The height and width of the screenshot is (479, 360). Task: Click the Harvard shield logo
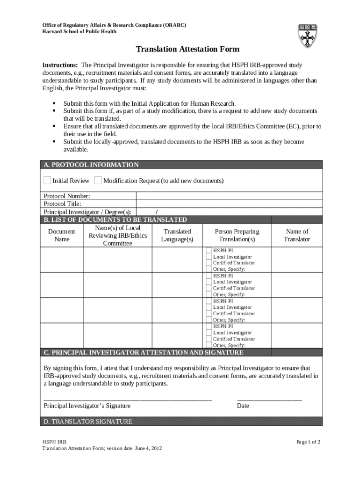308,36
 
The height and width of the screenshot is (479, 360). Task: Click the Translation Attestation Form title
187,49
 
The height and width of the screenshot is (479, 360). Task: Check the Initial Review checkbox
47,181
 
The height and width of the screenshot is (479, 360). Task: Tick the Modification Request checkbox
98,181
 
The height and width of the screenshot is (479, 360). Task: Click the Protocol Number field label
67,196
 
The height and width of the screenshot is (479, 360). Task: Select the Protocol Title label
63,204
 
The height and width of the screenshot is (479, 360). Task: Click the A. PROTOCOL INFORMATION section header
91,165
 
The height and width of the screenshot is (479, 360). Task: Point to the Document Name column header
61,235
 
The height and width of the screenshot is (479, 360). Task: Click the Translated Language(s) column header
177,235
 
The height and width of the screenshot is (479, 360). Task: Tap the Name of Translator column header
297,235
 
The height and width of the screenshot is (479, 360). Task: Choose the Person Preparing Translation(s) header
237,235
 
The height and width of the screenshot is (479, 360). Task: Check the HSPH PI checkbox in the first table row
209,250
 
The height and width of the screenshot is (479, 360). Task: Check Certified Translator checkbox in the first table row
209,263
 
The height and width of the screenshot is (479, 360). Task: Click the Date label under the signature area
243,406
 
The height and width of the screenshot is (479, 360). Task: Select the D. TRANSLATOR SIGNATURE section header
88,421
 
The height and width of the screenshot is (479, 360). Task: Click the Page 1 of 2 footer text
309,442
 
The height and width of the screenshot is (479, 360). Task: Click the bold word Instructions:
60,65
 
